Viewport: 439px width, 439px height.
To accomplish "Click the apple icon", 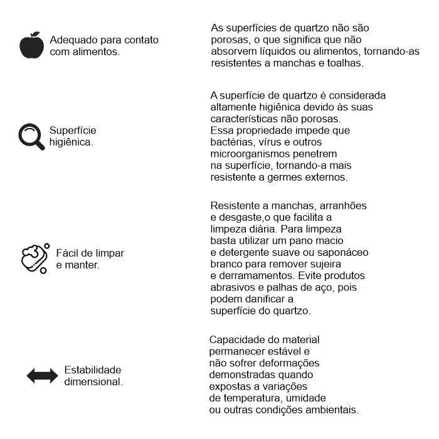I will pyautogui.click(x=31, y=45).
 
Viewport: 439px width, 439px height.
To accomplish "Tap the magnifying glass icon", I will pyautogui.click(x=31, y=137).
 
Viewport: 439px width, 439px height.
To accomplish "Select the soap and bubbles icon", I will pyautogui.click(x=34, y=258).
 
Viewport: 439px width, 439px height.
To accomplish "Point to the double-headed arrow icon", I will pyautogui.click(x=42, y=376).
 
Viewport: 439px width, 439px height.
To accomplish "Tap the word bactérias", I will pyautogui.click(x=232, y=142).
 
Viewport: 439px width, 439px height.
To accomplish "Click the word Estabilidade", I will pyautogui.click(x=93, y=369).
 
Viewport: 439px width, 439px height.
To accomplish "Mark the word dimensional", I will pyautogui.click(x=93, y=381).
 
